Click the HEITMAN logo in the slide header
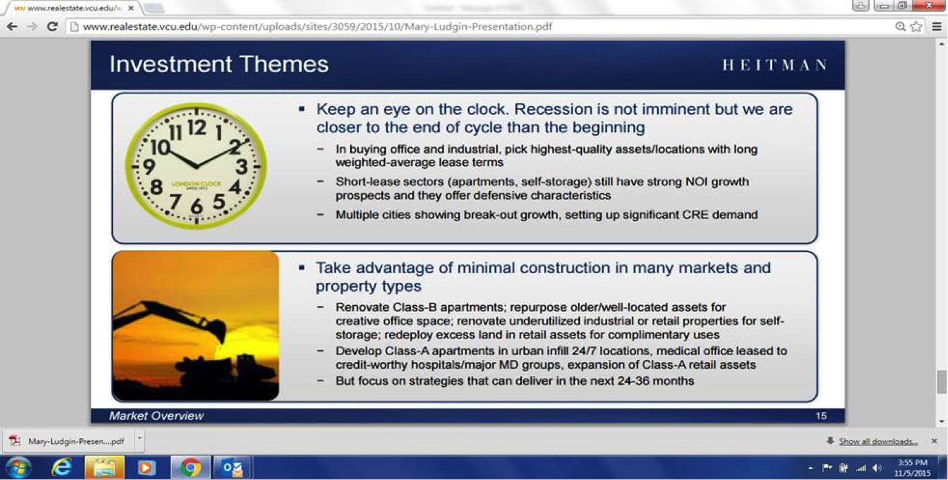(x=774, y=65)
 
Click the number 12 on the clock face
(x=197, y=127)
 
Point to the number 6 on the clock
(x=196, y=206)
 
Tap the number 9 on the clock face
(x=149, y=166)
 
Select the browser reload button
(x=52, y=27)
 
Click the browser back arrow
(x=12, y=27)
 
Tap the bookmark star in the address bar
(x=917, y=27)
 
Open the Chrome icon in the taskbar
(x=190, y=467)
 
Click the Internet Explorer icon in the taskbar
(x=62, y=467)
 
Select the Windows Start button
(x=18, y=467)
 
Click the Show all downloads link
(x=878, y=442)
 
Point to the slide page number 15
(x=821, y=416)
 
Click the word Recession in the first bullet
(x=553, y=109)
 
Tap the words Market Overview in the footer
(x=156, y=416)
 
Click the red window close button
(x=929, y=6)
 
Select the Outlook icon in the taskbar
(x=232, y=467)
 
